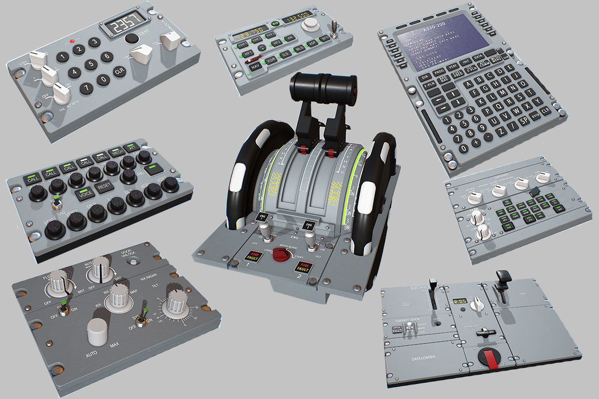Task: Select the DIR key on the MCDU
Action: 425,78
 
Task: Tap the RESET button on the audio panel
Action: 105,186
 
